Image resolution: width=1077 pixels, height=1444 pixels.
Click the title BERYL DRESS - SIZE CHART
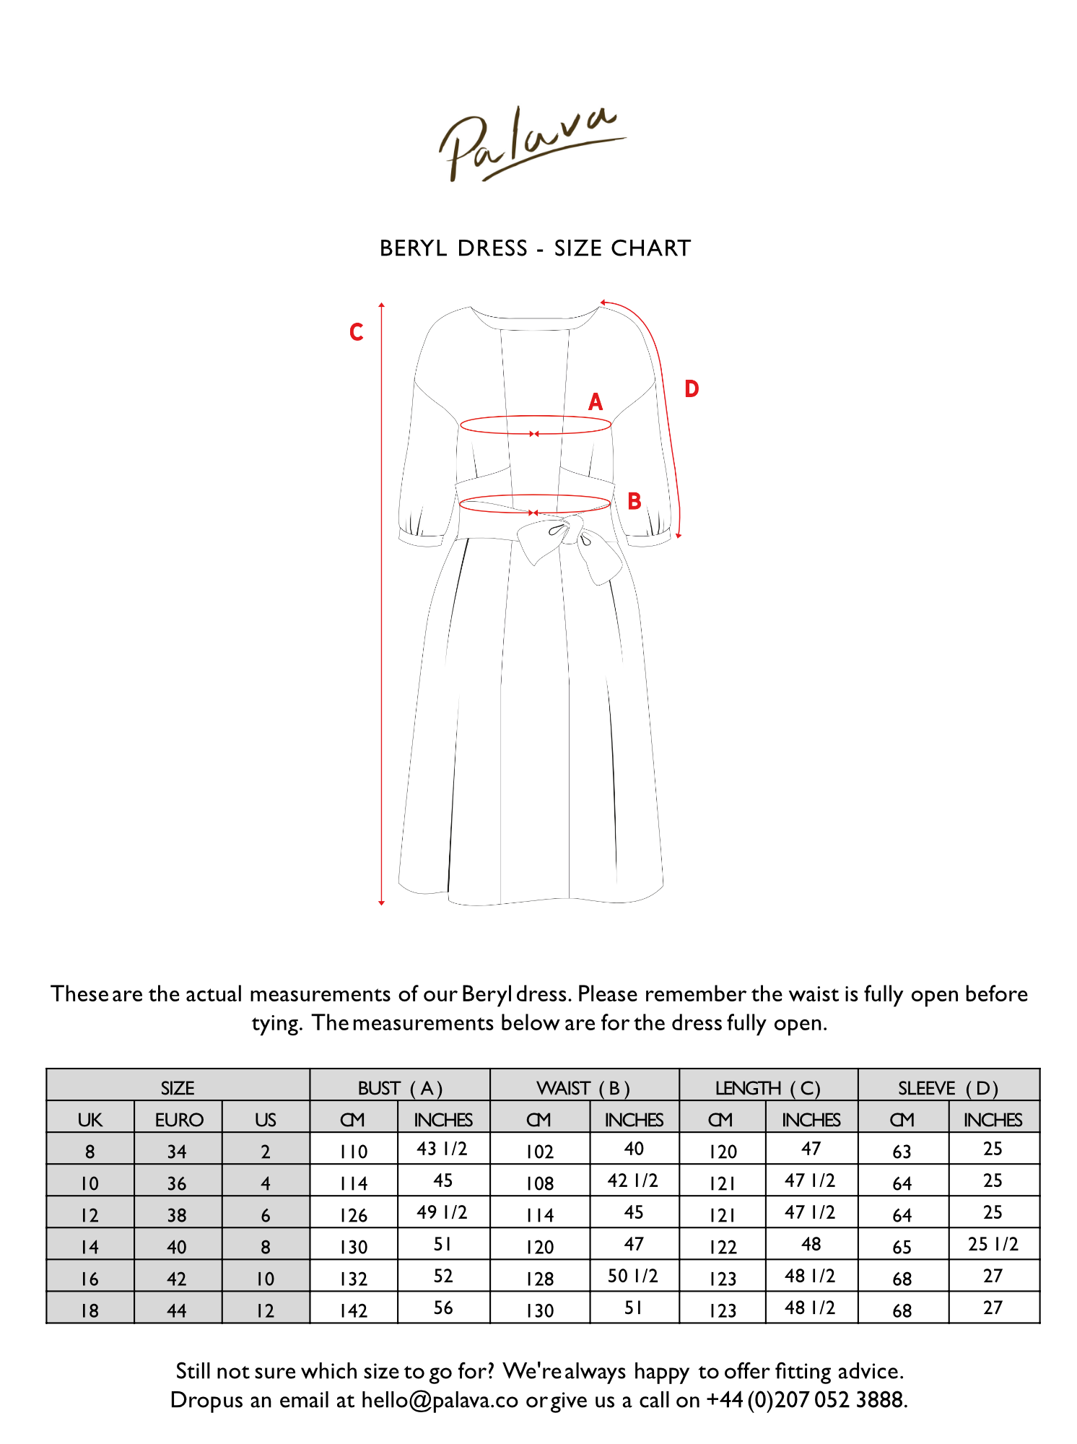click(535, 248)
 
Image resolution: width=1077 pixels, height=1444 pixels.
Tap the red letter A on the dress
click(596, 402)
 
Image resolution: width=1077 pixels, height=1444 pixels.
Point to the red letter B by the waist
click(635, 501)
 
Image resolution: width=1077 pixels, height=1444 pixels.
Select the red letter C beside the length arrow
click(357, 332)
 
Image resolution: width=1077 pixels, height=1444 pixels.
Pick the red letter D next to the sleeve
click(692, 389)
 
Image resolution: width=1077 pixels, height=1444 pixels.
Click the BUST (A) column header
click(400, 1088)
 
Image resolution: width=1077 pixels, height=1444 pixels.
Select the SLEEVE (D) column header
click(948, 1088)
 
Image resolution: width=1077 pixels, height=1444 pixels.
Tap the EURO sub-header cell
click(178, 1120)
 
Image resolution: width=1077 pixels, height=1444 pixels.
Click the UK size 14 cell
click(90, 1247)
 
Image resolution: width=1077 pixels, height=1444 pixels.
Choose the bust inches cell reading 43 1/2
click(442, 1149)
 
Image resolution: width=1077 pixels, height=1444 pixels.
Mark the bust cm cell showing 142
click(354, 1310)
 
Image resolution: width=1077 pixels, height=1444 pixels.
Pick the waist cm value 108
click(540, 1183)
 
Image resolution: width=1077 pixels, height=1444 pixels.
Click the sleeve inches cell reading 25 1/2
click(993, 1244)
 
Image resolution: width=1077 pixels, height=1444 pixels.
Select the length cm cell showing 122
click(723, 1247)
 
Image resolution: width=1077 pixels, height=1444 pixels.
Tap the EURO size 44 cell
click(178, 1310)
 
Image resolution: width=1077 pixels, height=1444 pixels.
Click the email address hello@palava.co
click(440, 1400)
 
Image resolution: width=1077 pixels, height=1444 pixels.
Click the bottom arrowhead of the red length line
click(381, 902)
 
